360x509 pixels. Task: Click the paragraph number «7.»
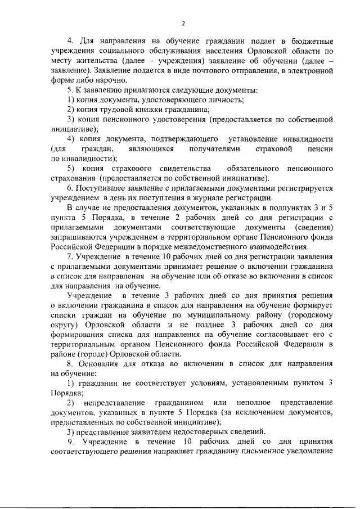point(70,256)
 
